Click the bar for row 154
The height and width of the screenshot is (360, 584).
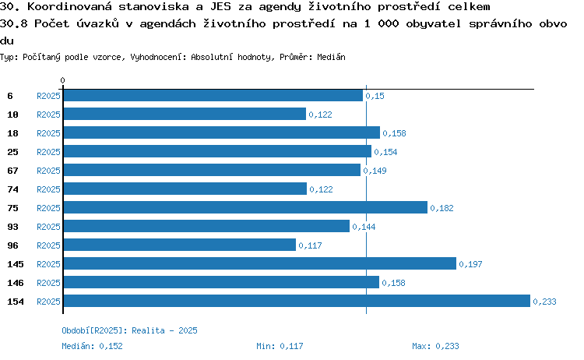pos(297,301)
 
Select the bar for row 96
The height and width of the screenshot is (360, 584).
pos(180,245)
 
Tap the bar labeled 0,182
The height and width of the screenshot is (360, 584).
pos(245,207)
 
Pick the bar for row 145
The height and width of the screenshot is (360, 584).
pos(260,263)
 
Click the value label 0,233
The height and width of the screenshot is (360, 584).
pos(544,302)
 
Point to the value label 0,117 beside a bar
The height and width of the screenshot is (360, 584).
pos(310,245)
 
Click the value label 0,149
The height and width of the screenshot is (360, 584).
pos(375,171)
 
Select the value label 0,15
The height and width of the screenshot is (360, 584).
pos(375,96)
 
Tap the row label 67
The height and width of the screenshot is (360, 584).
pos(12,171)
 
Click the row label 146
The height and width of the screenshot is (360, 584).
pos(16,283)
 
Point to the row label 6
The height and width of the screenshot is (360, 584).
pos(10,96)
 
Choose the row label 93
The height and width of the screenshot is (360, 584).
pos(12,227)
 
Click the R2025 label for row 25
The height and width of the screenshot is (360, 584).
pos(48,152)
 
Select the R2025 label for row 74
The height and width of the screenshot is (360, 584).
pos(48,189)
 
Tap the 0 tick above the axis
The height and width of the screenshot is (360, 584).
pos(62,80)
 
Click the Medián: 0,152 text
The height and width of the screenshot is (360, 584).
pos(92,346)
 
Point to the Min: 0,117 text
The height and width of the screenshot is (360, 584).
pos(280,346)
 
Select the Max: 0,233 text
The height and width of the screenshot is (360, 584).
pos(435,346)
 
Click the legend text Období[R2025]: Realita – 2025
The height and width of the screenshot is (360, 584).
pos(129,330)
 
